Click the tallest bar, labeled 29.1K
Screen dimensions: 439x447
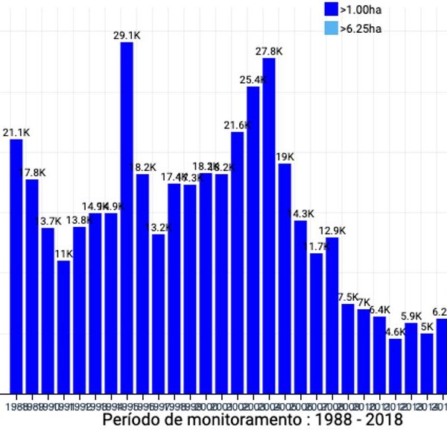(127, 217)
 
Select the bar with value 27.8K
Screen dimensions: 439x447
(269, 224)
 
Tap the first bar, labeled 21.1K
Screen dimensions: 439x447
(16, 265)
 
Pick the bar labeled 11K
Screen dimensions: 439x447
(63, 326)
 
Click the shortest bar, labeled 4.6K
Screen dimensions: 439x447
(395, 365)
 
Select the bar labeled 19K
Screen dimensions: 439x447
(285, 277)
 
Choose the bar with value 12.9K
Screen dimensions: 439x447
(332, 314)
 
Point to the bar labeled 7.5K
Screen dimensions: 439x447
(348, 347)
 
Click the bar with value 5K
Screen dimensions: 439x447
(427, 362)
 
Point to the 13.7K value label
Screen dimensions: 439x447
(48, 221)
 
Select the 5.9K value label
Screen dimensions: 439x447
(411, 316)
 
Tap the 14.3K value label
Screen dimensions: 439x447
(301, 214)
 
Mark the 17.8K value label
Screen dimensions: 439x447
(32, 172)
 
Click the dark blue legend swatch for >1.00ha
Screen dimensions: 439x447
(332, 10)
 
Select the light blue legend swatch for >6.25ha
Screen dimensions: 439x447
(332, 29)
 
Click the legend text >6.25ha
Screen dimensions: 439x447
(361, 29)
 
